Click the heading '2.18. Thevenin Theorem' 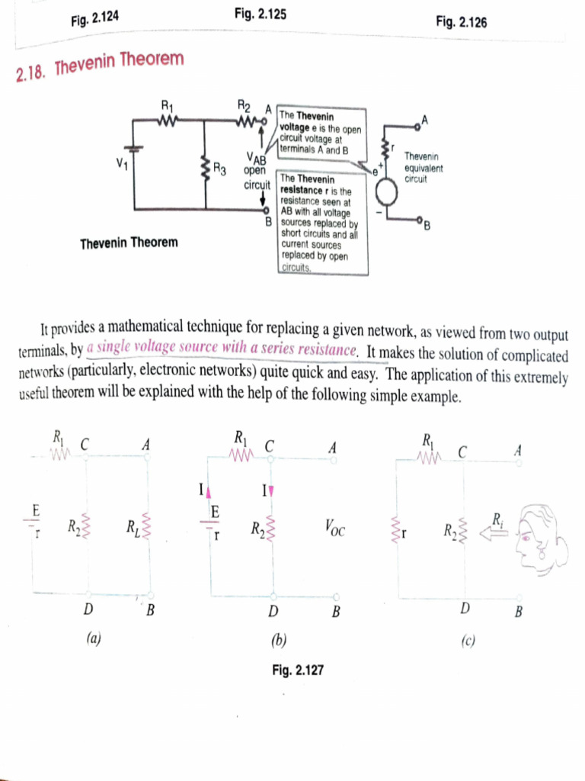pos(100,66)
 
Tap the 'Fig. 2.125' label pos(261,14)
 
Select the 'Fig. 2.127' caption pos(298,670)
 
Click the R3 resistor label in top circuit pos(220,169)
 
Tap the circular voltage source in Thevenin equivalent pos(387,194)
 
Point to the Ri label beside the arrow pos(497,520)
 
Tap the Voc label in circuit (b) pos(334,526)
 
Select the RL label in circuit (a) pos(133,526)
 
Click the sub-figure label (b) pos(278,639)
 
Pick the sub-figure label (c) pos(467,641)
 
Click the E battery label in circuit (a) pos(35,509)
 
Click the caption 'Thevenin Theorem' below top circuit pos(129,243)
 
